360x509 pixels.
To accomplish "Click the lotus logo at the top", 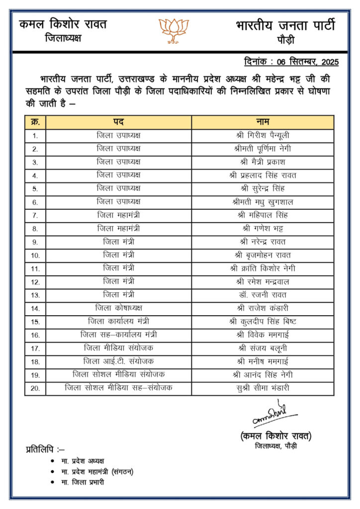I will click(x=174, y=30).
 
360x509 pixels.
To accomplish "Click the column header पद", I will click(x=118, y=122).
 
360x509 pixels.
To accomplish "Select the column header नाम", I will click(x=263, y=122).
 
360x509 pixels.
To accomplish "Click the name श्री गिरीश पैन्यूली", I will click(x=263, y=135).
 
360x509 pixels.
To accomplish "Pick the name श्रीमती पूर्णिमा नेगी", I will click(x=263, y=149).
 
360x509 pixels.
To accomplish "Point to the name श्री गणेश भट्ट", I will click(x=263, y=229).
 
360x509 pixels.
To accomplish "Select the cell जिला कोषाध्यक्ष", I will click(x=118, y=308).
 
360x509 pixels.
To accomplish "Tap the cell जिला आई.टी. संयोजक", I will click(x=118, y=361).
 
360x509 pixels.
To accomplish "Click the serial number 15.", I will click(x=35, y=322).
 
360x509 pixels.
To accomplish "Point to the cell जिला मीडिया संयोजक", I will click(x=118, y=348).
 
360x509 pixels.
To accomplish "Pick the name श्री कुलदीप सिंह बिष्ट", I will click(x=263, y=322).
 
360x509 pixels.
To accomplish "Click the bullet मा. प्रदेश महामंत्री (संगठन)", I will click(x=97, y=471).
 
